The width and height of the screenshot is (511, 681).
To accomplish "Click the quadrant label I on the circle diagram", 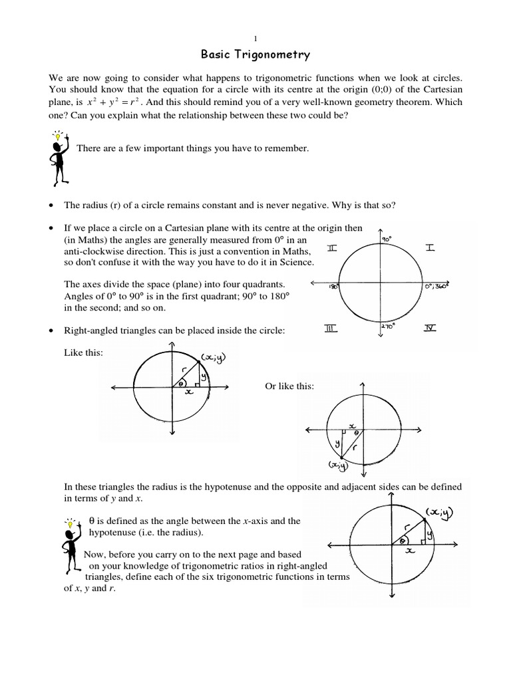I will [430, 248].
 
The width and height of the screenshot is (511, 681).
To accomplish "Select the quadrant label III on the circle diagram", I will [331, 328].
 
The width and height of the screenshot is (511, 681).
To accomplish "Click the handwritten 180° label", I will [333, 287].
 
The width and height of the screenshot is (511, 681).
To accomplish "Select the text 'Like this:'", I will [83, 352].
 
